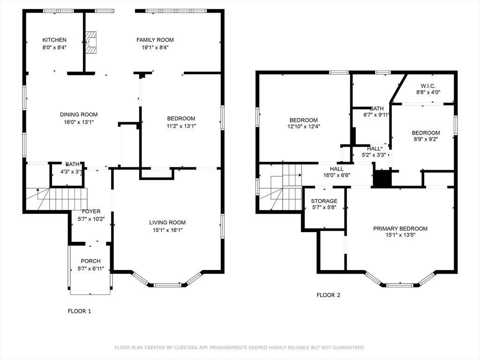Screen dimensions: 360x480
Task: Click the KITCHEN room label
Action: click(54, 40)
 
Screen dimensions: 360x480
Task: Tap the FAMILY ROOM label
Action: click(155, 40)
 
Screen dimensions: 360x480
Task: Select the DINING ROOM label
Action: click(79, 114)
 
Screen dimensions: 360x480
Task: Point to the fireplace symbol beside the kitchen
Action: click(91, 43)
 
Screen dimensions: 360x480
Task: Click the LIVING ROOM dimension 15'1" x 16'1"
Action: click(167, 230)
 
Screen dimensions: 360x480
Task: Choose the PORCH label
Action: click(90, 261)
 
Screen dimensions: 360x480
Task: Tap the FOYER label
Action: click(91, 211)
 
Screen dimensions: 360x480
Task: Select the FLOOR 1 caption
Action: click(80, 311)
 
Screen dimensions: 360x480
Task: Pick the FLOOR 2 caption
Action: click(328, 295)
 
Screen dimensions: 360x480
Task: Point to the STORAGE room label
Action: click(324, 201)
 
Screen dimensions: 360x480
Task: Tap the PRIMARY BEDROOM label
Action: click(400, 229)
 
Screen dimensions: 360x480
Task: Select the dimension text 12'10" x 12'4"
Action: click(303, 127)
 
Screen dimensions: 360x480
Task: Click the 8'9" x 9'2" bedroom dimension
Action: click(426, 139)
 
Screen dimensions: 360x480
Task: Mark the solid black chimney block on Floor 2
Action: click(382, 179)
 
